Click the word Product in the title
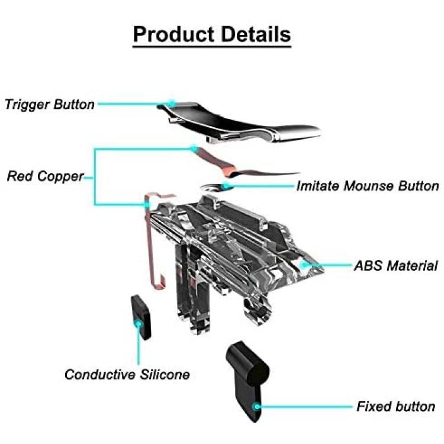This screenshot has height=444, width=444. point(173,35)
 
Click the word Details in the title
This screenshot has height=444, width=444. point(256,34)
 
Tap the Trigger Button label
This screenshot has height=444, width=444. point(50,104)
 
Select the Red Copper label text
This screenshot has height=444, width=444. point(46,176)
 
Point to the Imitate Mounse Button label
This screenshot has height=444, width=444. point(368,186)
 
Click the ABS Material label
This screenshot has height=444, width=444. point(396,266)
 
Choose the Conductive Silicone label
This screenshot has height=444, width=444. point(127,375)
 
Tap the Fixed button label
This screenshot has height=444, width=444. point(396,406)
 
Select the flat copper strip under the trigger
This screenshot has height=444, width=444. point(243,166)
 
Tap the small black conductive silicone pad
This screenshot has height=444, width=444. point(141,317)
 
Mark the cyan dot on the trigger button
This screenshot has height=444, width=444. point(171,104)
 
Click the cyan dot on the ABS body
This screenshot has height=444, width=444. point(304,265)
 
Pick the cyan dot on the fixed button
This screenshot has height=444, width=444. point(256,407)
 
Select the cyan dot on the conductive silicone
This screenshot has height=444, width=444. point(139,323)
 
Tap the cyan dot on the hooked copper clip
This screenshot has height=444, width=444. point(147,204)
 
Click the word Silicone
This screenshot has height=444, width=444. point(165,375)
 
